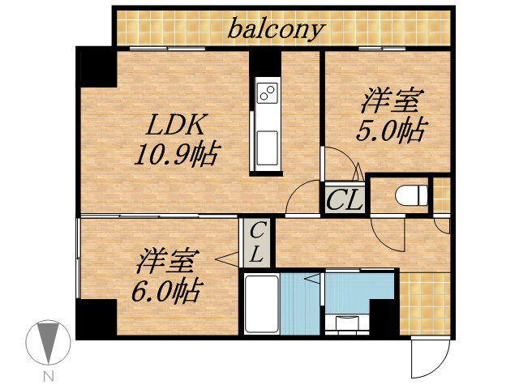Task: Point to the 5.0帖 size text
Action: pyautogui.click(x=390, y=130)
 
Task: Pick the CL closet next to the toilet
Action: pyautogui.click(x=345, y=199)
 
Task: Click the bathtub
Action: pyautogui.click(x=261, y=304)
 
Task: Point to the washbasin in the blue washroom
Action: pyautogui.click(x=350, y=323)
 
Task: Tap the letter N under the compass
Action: pyautogui.click(x=49, y=376)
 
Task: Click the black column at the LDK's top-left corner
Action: pyautogui.click(x=96, y=66)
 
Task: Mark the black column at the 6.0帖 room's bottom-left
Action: pyautogui.click(x=96, y=318)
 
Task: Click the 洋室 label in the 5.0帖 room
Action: pyautogui.click(x=389, y=102)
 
